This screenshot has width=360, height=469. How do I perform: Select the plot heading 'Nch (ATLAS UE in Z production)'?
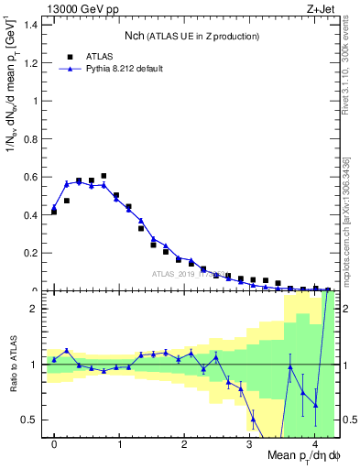[191, 36]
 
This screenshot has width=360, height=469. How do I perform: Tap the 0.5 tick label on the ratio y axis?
[30, 420]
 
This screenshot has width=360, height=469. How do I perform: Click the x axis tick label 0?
[54, 444]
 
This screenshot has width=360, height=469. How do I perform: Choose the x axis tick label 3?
[250, 444]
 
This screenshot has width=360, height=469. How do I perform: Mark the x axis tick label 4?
[315, 444]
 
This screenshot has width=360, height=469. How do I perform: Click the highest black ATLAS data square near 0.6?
[104, 176]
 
